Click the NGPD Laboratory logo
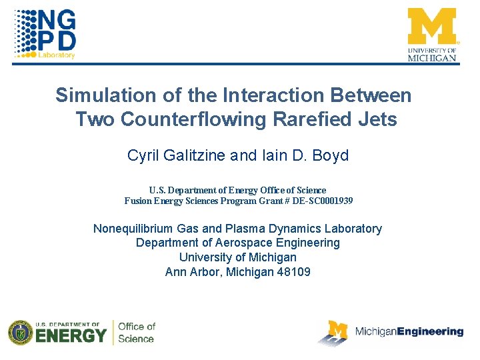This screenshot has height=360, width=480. [45, 33]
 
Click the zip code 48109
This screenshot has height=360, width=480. [294, 271]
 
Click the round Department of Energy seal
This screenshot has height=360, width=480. [20, 333]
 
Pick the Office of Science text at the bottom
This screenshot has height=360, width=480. [137, 332]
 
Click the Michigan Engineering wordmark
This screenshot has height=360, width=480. [409, 331]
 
